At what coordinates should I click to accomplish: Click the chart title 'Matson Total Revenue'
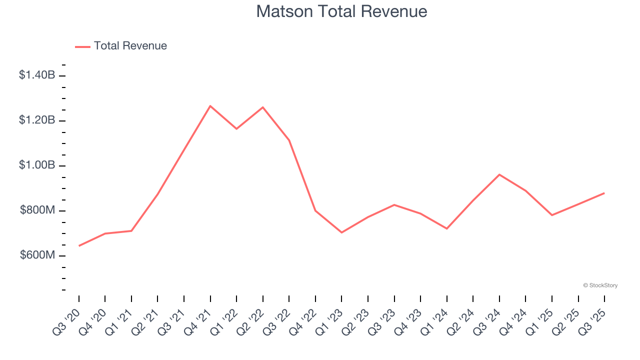coord(341,11)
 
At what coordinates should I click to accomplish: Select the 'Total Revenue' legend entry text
coord(130,46)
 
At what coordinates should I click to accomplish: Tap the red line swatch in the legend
coord(82,46)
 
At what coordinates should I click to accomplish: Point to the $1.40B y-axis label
coord(37,75)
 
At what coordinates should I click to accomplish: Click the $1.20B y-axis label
coord(37,120)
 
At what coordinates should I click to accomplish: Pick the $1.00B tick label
coord(37,165)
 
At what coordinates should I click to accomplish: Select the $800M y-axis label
coord(37,210)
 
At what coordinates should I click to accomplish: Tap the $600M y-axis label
coord(37,255)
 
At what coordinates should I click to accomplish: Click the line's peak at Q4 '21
coord(210,106)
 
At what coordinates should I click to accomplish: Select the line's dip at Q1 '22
coord(236,129)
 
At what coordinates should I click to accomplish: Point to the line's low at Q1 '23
coord(341,232)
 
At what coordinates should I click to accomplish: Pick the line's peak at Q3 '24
coord(499,174)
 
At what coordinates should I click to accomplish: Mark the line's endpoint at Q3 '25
coord(604,193)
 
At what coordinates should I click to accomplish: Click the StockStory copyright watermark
coord(600,285)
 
